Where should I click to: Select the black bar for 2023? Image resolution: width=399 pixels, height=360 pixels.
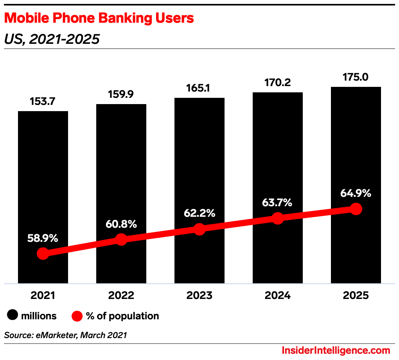pyautogui.click(x=199, y=164)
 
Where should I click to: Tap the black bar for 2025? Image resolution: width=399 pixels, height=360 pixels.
pyautogui.click(x=356, y=157)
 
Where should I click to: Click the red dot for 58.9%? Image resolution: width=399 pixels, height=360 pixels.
pyautogui.click(x=43, y=254)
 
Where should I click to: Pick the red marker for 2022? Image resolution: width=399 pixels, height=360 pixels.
pyautogui.click(x=121, y=239)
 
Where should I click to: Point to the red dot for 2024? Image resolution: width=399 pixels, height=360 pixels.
pyautogui.click(x=278, y=218)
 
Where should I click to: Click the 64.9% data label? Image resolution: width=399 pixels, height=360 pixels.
pyautogui.click(x=356, y=193)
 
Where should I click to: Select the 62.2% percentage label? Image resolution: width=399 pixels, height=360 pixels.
pyautogui.click(x=199, y=213)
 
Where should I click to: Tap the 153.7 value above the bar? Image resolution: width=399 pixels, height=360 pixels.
pyautogui.click(x=43, y=101)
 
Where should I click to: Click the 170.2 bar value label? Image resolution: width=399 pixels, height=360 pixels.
pyautogui.click(x=277, y=83)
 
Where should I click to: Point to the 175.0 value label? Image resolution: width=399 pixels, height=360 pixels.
pyautogui.click(x=356, y=77)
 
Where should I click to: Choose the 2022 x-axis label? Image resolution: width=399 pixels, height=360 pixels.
pyautogui.click(x=121, y=295)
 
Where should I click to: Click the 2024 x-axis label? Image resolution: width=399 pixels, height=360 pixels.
pyautogui.click(x=278, y=295)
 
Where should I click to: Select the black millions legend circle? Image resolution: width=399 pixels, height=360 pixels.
pyautogui.click(x=13, y=316)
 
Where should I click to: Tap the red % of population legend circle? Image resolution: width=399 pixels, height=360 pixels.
pyautogui.click(x=77, y=316)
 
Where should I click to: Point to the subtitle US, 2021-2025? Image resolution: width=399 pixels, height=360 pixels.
pyautogui.click(x=52, y=39)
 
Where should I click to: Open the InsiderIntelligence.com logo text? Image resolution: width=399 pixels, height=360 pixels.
pyautogui.click(x=336, y=351)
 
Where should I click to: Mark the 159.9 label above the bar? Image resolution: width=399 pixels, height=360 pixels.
pyautogui.click(x=121, y=94)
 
